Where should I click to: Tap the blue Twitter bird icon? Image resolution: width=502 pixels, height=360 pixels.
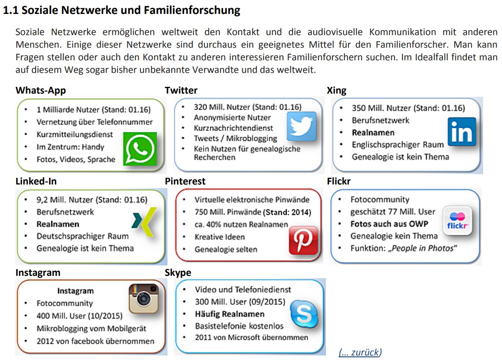click(302, 126)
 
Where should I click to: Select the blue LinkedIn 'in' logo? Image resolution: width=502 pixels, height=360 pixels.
click(462, 131)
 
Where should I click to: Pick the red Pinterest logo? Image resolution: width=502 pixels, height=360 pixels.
click(303, 241)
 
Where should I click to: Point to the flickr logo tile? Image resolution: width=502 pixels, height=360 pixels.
click(457, 221)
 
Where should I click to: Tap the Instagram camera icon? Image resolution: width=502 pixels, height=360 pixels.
click(144, 298)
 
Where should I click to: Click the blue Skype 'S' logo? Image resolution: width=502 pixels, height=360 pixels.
click(303, 314)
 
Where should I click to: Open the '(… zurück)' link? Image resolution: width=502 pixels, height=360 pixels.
click(360, 352)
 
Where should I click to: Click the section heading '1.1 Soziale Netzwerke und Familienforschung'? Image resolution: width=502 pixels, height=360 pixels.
click(122, 11)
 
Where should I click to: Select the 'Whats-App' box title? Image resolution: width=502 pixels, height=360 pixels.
click(41, 90)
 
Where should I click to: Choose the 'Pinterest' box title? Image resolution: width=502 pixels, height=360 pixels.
click(185, 181)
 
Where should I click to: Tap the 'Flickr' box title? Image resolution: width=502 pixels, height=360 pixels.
click(339, 181)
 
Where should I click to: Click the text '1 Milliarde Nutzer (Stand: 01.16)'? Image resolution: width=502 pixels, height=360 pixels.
click(94, 109)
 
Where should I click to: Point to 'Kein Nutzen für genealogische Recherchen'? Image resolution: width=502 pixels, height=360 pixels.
click(247, 153)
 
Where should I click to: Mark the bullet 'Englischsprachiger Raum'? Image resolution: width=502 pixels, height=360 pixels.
click(398, 144)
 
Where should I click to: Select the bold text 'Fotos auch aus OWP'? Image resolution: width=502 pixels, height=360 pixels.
click(389, 224)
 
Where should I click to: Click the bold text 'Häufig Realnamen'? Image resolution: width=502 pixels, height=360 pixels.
click(230, 314)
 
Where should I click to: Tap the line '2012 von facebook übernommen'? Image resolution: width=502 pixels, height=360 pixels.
click(95, 341)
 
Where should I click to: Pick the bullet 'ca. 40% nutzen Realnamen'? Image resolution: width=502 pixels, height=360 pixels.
click(241, 225)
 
